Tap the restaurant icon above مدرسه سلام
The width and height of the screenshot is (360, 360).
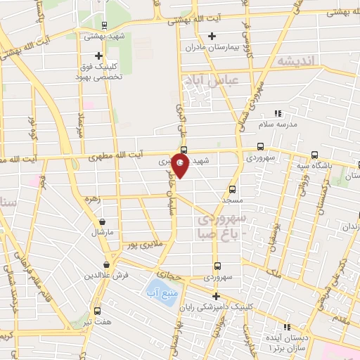coord(278,112)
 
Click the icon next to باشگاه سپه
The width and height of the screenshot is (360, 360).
coord(314,155)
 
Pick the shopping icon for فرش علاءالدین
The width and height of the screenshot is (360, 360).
coord(105,264)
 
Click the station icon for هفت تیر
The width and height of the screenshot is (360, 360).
coord(96,311)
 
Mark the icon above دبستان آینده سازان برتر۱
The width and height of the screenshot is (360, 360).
coord(287,327)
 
